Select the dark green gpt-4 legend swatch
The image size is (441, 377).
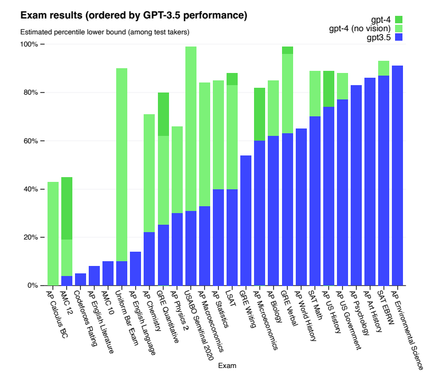point(399,20)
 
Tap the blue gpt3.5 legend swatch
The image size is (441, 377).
point(399,38)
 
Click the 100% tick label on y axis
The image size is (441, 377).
point(29,44)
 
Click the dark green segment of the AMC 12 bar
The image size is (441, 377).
point(67,208)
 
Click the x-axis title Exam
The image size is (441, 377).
point(228,365)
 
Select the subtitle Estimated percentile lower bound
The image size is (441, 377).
point(105,32)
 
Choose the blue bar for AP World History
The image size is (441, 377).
point(301,207)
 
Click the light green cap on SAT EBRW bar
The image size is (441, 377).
point(383,68)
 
